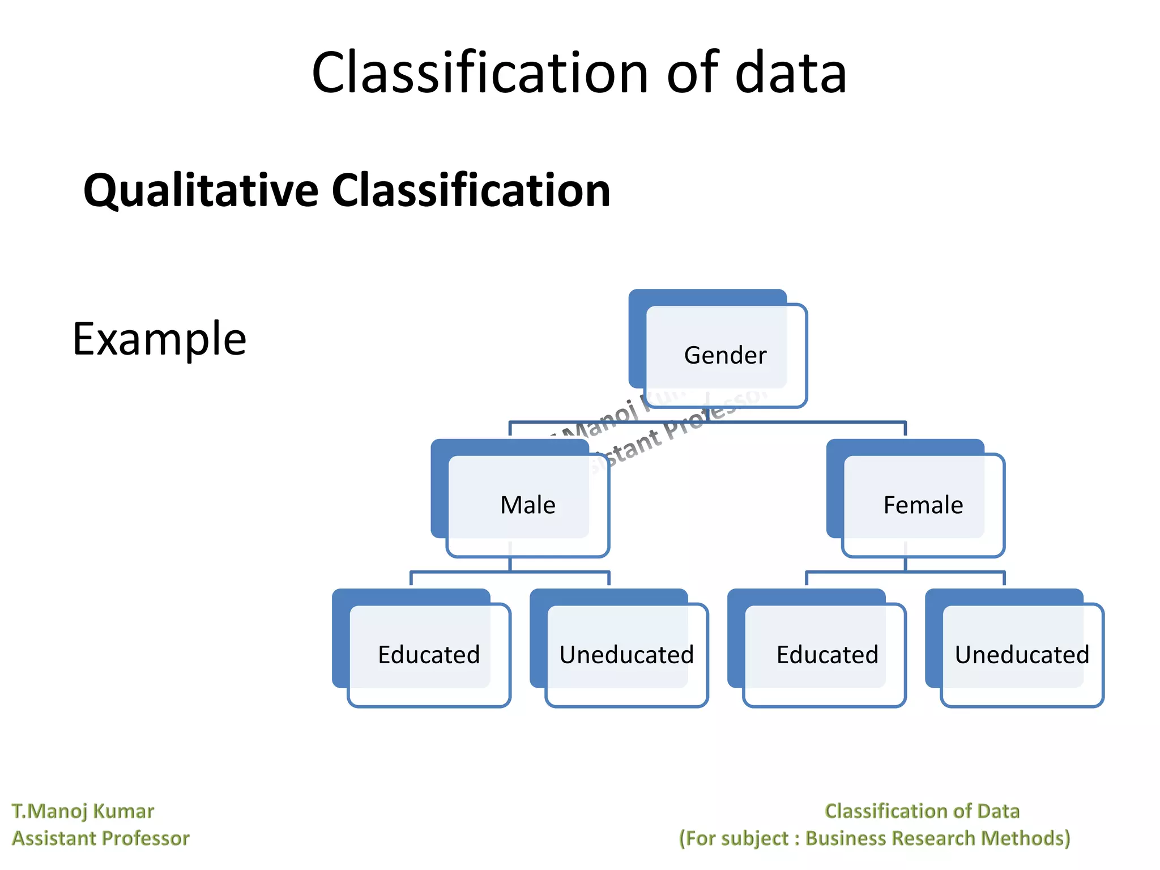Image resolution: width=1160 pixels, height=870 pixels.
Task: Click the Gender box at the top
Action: coord(724,355)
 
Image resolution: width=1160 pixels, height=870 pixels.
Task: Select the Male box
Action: coord(527,505)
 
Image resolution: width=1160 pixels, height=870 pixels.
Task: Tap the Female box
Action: coord(923,505)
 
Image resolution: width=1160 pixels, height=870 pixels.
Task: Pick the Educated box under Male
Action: coord(429,655)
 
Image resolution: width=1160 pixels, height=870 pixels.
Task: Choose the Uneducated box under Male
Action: coord(626,655)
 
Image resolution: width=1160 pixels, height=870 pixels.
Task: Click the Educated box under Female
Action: coord(827,655)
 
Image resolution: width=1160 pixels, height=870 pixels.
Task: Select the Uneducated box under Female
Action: coord(1022,655)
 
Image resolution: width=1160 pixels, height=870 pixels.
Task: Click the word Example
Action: coord(160,339)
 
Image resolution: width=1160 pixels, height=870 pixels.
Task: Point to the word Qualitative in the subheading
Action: coord(201,191)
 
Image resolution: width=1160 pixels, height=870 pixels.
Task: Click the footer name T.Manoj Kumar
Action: coord(83,811)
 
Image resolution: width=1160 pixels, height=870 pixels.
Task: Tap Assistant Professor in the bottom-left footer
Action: coord(101,838)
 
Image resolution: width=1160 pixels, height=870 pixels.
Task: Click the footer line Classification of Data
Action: coord(922,811)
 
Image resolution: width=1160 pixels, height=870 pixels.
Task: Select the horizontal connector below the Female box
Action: coord(905,573)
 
